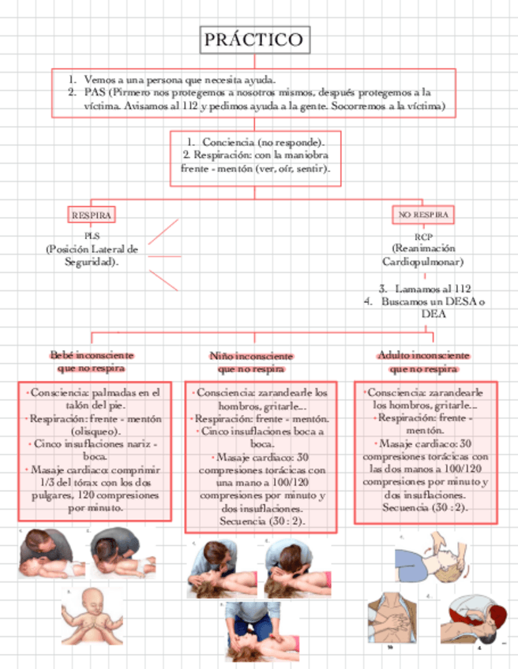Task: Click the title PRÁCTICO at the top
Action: coord(253,39)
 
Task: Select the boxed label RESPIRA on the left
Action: coord(92,215)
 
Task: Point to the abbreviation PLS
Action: coord(92,236)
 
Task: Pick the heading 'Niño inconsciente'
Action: coord(251,357)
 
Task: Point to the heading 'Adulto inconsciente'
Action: coord(423,356)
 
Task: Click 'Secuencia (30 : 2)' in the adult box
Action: coord(425,507)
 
